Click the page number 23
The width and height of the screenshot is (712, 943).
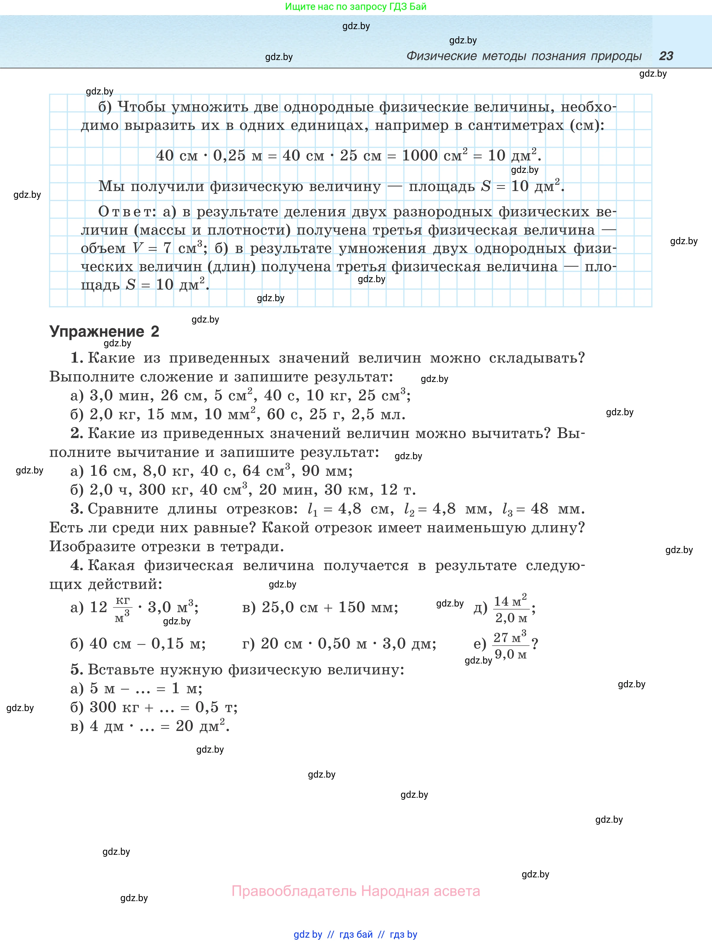(x=666, y=56)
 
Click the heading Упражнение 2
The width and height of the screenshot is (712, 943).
(x=105, y=331)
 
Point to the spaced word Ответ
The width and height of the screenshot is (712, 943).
(x=125, y=211)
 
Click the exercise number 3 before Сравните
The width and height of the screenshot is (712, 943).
(x=77, y=508)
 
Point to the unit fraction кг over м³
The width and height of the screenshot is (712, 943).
(x=122, y=609)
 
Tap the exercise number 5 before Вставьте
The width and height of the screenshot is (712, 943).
(x=77, y=669)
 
